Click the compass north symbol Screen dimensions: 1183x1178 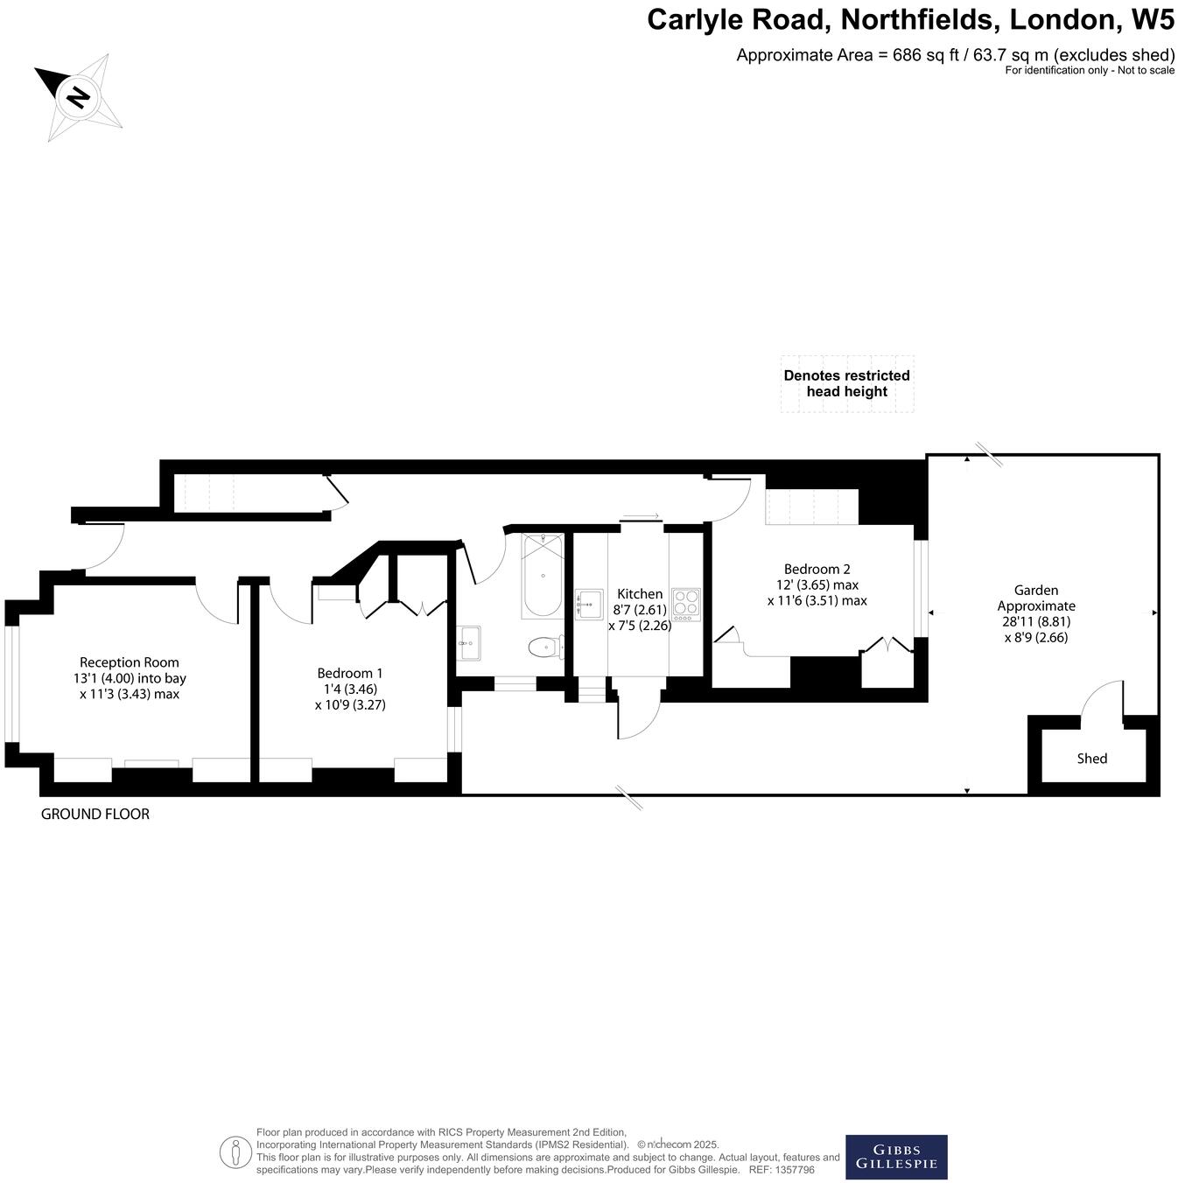click(78, 96)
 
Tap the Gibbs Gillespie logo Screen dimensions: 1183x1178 click(895, 1157)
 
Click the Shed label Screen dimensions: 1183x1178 click(1091, 759)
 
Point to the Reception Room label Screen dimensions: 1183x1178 click(129, 662)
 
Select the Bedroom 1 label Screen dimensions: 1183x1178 click(349, 673)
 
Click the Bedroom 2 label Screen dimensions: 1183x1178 click(817, 569)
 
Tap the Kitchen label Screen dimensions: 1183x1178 click(640, 594)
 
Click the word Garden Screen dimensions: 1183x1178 click(1036, 591)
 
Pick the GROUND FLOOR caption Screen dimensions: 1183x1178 click(95, 814)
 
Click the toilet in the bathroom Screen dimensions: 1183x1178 click(546, 647)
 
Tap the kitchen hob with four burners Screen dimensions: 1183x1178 click(686, 604)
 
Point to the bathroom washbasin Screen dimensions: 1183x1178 click(469, 644)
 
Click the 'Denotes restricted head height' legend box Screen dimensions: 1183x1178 click(846, 383)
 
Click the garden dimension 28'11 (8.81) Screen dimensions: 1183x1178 click(1036, 622)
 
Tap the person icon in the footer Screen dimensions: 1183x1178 click(235, 1151)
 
